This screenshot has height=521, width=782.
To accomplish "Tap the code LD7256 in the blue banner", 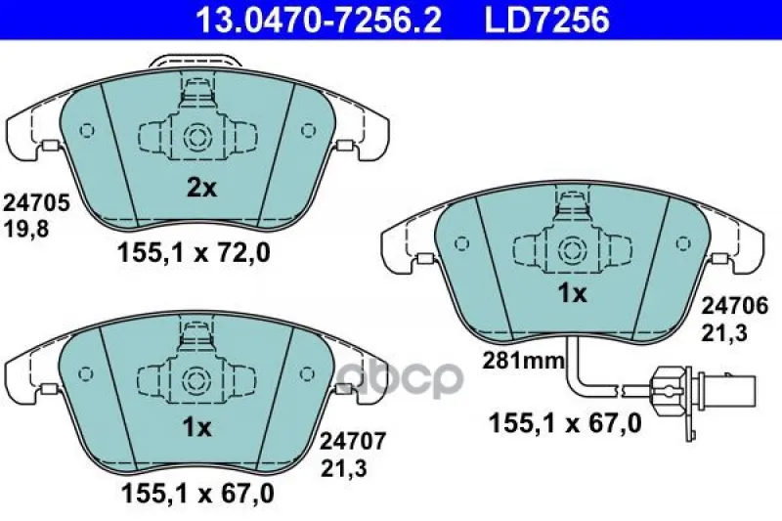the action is (x=547, y=20).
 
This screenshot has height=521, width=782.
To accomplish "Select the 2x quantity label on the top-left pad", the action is (x=201, y=189).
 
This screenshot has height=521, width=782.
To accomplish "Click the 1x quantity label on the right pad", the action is (x=573, y=293).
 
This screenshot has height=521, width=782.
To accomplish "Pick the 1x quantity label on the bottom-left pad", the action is (x=197, y=427).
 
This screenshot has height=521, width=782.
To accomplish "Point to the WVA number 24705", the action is (x=36, y=203).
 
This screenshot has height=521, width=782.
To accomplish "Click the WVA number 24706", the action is (x=735, y=306).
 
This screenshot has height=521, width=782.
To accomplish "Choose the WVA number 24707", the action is (x=353, y=441).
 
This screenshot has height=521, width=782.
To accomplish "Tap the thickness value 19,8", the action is (x=26, y=229).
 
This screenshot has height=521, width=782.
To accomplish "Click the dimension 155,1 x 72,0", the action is (x=194, y=253).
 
